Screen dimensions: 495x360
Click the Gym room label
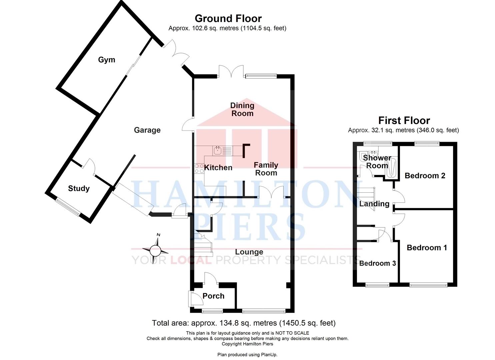107,60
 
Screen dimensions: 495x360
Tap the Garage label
147,130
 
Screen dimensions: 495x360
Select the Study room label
79,189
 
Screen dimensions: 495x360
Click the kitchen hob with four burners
199,168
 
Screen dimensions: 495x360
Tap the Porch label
213,296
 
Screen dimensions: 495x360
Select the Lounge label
249,252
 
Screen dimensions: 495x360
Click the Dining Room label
242,109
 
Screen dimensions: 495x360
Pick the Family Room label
266,169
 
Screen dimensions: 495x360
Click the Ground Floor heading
228,19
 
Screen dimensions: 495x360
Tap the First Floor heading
404,120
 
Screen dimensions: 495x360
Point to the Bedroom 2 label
425,176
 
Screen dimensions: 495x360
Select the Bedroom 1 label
427,248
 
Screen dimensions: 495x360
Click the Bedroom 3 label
377,263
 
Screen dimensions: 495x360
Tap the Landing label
374,204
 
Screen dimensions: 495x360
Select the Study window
68,207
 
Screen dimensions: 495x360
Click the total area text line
244,323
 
